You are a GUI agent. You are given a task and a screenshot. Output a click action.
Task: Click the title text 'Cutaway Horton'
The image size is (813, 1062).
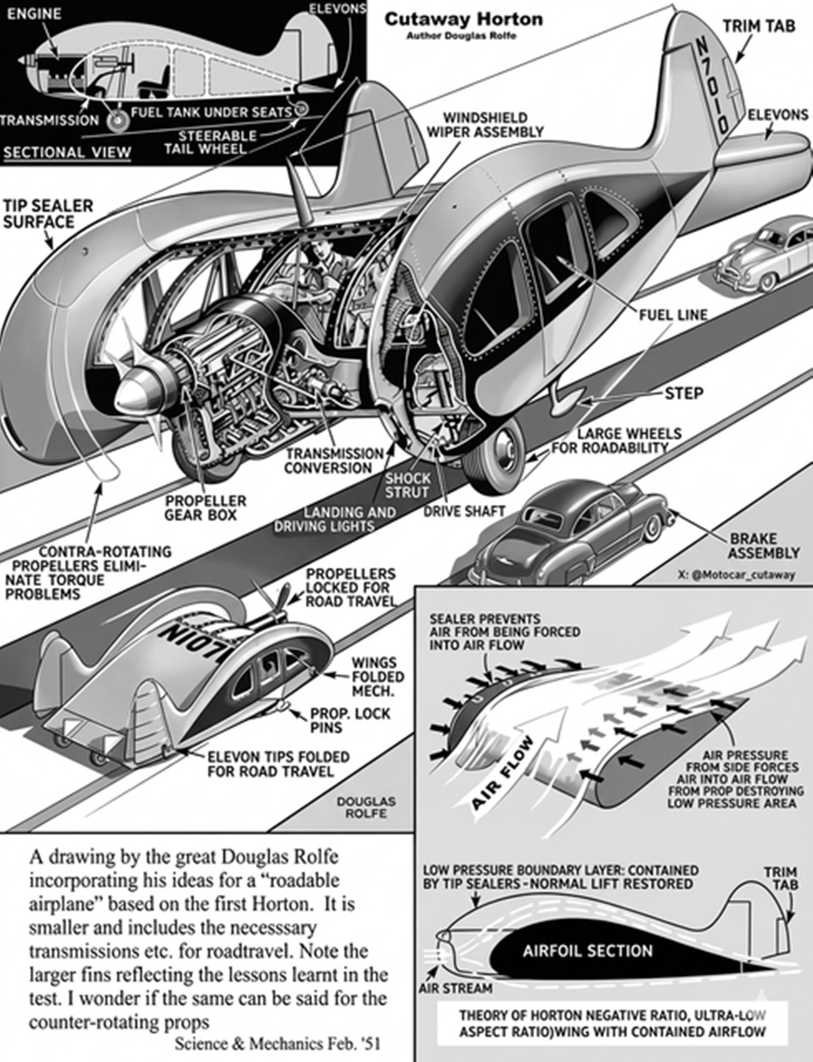point(464,19)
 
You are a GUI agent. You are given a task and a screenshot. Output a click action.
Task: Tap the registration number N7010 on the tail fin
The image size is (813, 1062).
point(712,87)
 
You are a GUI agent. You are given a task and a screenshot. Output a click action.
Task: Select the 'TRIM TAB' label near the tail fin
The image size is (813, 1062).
point(758,26)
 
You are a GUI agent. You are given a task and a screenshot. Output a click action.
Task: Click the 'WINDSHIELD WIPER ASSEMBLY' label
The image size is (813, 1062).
point(485,125)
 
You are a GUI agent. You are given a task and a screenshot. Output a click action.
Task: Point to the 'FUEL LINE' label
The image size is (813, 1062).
point(673,315)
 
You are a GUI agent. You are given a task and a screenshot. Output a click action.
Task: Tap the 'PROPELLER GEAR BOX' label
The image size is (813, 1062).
point(205,508)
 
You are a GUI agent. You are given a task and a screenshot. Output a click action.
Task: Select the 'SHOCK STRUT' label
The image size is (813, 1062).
point(407,486)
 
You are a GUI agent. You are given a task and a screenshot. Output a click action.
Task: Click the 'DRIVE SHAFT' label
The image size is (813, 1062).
point(464,511)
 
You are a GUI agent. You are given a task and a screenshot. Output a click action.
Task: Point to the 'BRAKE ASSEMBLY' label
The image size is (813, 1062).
point(764,545)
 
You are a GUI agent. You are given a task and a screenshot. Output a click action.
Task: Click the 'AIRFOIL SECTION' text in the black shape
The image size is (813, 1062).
point(588,951)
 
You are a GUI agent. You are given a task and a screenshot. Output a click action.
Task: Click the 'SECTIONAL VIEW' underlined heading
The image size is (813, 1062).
point(67,152)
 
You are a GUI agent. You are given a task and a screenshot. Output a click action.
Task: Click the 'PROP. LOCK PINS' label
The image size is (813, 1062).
point(349,720)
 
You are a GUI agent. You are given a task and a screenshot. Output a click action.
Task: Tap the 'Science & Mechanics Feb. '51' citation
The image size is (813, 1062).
point(277,1044)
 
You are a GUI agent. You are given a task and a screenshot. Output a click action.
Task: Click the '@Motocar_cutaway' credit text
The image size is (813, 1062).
point(737,575)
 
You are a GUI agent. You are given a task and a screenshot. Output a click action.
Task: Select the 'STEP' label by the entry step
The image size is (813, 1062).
point(683,393)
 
